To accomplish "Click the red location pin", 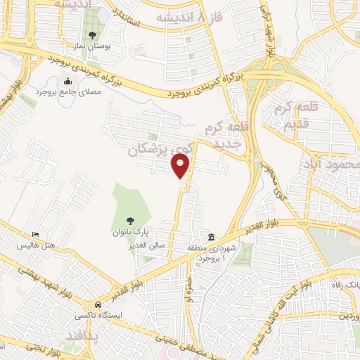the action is click(181, 166).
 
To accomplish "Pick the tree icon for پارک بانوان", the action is click(132, 219).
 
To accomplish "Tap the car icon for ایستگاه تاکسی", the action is click(98, 304).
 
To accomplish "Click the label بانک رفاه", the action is click(345, 284).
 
